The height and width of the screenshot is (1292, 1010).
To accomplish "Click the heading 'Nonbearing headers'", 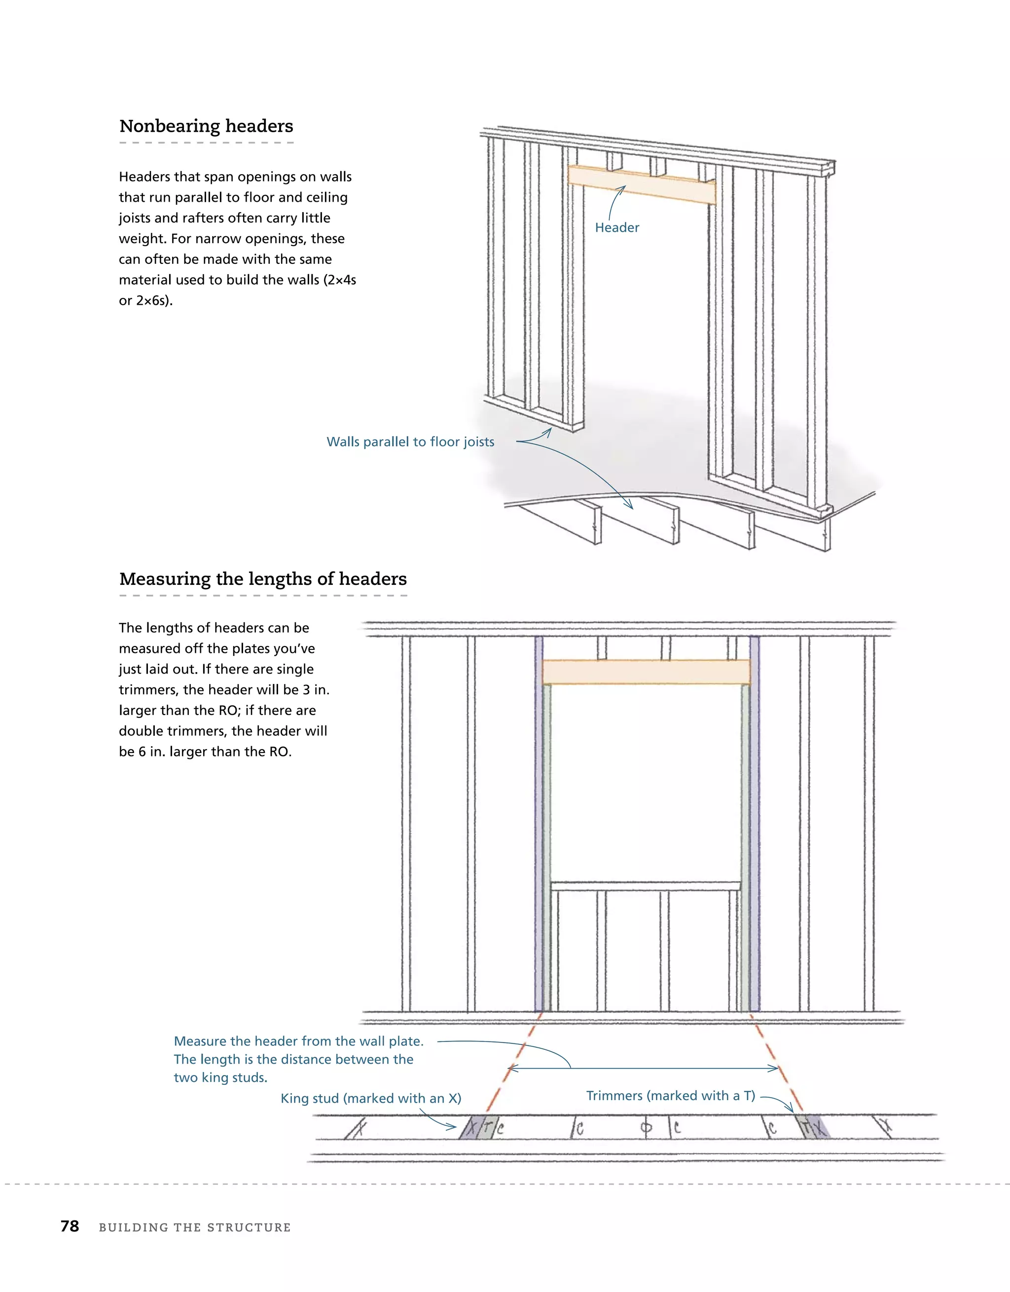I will click(x=206, y=126).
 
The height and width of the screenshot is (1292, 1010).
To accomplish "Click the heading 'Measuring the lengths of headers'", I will click(x=263, y=578).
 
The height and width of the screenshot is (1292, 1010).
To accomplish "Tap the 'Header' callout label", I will click(x=616, y=228).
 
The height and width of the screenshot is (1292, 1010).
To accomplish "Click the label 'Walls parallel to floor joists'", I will click(x=410, y=442).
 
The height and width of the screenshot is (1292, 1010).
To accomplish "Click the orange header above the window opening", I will click(x=646, y=673).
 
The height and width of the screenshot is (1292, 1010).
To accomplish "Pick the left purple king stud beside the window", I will click(x=539, y=828).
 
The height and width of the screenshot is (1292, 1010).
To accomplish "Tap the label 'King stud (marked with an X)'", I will click(x=370, y=1099).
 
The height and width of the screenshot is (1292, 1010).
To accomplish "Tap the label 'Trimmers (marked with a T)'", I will click(x=670, y=1096).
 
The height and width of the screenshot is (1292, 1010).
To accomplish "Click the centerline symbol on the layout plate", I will click(x=646, y=1128).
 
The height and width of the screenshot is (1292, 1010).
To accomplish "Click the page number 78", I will click(x=70, y=1226).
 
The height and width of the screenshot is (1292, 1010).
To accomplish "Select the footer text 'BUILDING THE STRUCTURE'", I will click(x=195, y=1227).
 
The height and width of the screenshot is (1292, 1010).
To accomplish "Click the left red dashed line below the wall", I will click(x=512, y=1065).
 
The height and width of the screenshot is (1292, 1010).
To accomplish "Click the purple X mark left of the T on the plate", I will click(x=471, y=1128).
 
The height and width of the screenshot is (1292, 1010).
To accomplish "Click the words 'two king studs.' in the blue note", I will click(x=220, y=1078).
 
